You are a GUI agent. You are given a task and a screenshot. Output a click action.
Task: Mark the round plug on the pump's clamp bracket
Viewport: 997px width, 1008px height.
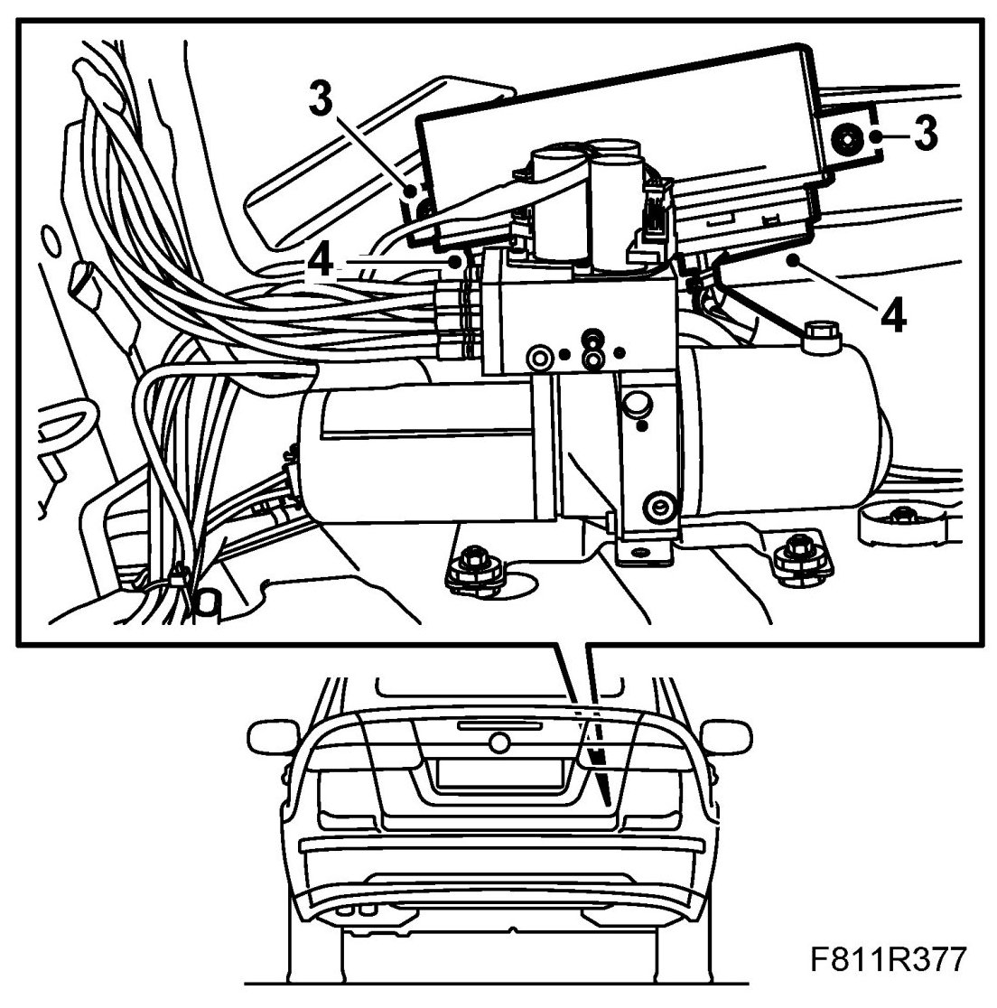pos(639,403)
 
